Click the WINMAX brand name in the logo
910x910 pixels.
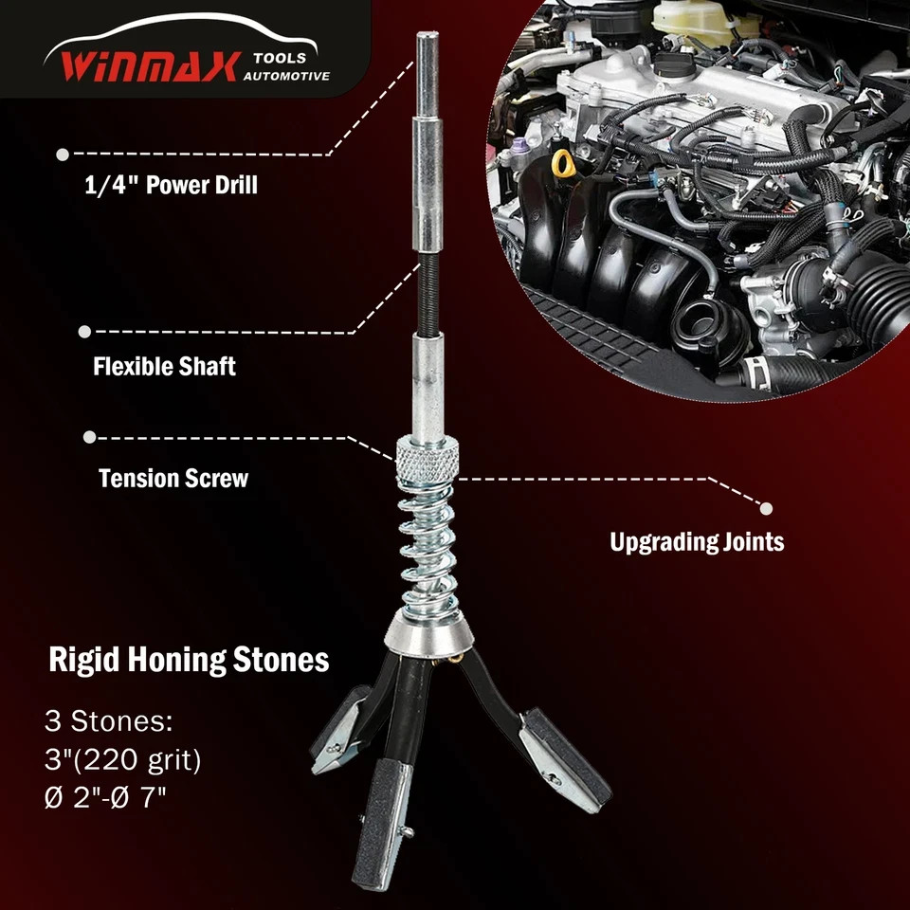coord(150,66)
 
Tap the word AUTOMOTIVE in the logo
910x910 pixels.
coord(286,76)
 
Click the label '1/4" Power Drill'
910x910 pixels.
coord(172,185)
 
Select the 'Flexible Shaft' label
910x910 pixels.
coord(164,366)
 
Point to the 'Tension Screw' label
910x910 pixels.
coord(173,478)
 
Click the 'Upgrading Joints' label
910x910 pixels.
coord(697,542)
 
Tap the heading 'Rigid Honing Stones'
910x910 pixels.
coord(189,660)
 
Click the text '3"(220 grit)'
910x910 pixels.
coord(123,759)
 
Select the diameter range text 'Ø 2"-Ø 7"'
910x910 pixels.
coord(105,797)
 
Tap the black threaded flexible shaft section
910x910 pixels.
coord(428,293)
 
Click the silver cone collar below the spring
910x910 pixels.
coord(428,634)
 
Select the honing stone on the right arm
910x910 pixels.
coord(565,758)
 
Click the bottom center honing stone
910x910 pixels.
coord(381,823)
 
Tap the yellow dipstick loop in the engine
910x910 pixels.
coord(562,164)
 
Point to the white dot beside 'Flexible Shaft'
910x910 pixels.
coord(84,332)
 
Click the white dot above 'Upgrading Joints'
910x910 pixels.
coord(766,508)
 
